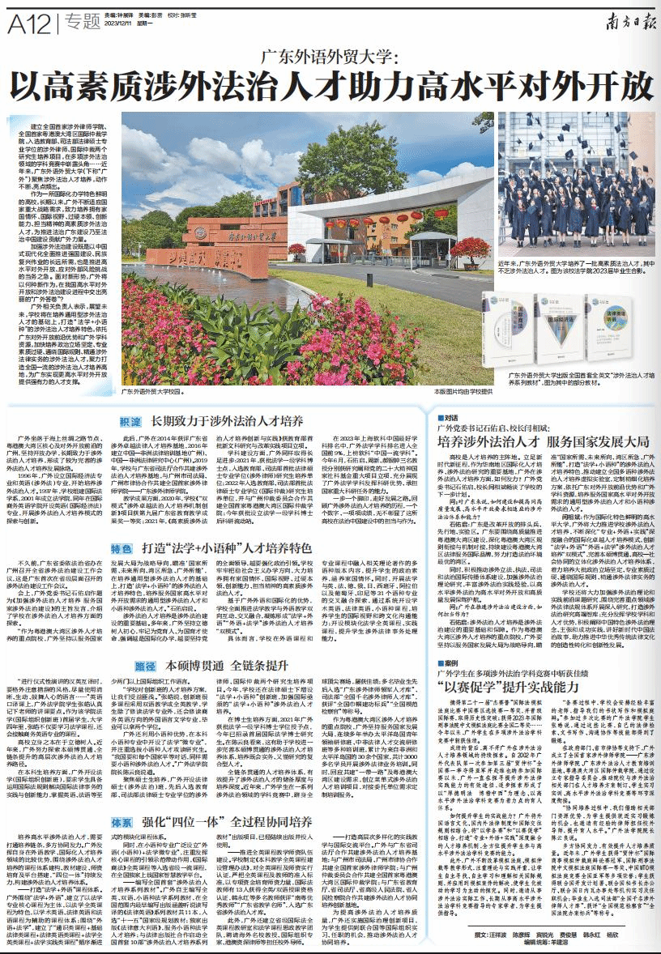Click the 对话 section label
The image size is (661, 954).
coord(450,418)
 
